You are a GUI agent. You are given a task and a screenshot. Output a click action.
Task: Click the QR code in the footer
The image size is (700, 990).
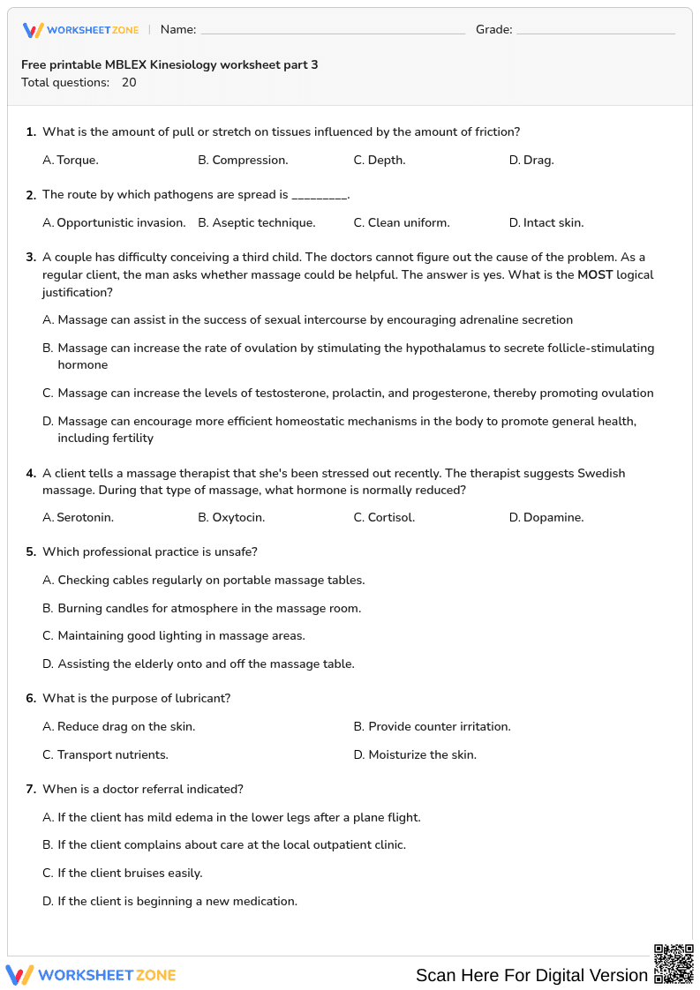[673, 963]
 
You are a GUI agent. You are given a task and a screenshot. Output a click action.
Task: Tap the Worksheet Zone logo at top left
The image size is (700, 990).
[81, 30]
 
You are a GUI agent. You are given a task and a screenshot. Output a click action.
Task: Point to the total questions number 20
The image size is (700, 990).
[129, 82]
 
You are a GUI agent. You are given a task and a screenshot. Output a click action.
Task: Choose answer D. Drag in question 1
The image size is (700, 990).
[531, 160]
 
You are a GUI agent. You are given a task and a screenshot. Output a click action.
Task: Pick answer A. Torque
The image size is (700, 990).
[71, 160]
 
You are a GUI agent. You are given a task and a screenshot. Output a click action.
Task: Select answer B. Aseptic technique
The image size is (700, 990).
[256, 222]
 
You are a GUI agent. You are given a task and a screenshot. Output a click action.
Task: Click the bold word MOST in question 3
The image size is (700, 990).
[595, 274]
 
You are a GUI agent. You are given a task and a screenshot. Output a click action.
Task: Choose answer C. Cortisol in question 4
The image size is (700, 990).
[384, 517]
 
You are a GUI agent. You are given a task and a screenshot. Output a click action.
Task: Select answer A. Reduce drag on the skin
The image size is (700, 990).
[118, 726]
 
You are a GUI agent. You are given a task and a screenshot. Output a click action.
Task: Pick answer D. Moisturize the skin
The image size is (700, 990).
[415, 754]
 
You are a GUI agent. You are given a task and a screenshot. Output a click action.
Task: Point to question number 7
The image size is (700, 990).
[30, 789]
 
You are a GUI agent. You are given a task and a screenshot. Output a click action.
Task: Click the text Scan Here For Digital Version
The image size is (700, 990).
[531, 975]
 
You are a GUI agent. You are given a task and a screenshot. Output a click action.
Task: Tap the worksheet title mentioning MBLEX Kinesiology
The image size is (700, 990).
[169, 64]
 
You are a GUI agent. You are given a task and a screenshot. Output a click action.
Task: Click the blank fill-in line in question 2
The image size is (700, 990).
[320, 196]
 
